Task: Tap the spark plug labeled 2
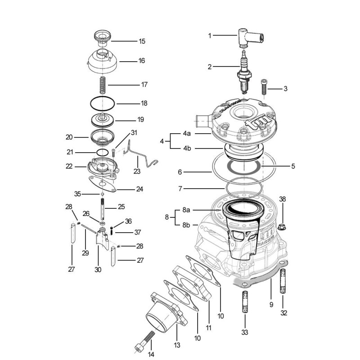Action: pos(244,72)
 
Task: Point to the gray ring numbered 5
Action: pos(243,166)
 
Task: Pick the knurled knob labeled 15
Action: pos(103,38)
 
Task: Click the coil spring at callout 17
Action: pos(103,85)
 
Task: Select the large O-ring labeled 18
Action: pos(103,103)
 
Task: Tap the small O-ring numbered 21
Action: pos(103,153)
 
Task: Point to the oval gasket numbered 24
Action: pos(103,184)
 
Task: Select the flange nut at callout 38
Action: pos(282,227)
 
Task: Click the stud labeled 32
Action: pos(283,281)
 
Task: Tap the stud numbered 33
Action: pos(245,301)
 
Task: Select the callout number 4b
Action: pos(187,148)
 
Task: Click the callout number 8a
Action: pos(186,210)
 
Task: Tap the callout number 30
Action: pos(98,270)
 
